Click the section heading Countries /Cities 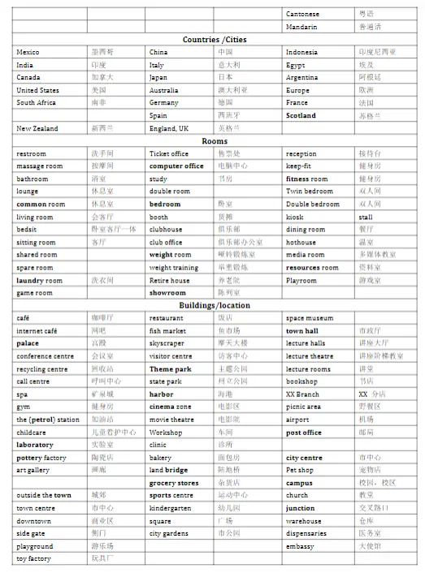[215, 39]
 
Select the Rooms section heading [215, 141]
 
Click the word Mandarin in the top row [302, 26]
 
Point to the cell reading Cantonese [303, 14]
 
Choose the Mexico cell [28, 52]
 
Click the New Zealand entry [37, 128]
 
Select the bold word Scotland [301, 115]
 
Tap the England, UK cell [169, 128]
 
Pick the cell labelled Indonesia [304, 52]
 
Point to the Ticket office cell [171, 153]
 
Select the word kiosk [295, 217]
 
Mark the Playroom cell [301, 280]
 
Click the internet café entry [37, 331]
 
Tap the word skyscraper [167, 343]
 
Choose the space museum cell [310, 318]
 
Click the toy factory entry [33, 558]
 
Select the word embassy [300, 546]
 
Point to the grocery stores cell [174, 483]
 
